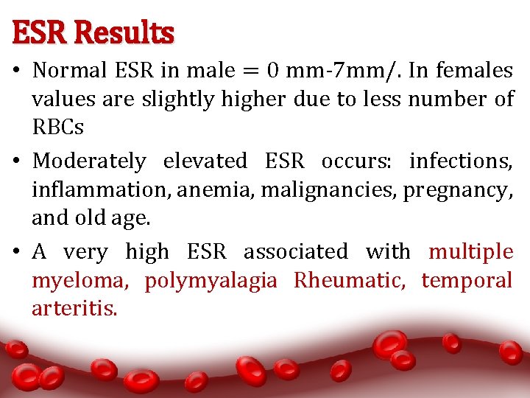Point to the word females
coord(474,71)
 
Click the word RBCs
coord(57,127)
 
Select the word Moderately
coord(89,161)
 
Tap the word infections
coord(461,161)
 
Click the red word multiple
coord(471,252)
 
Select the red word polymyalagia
coord(211,281)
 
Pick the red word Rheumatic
coord(350,280)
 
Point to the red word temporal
coord(467,281)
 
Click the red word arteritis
coord(74,308)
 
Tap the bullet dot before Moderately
coord(18,161)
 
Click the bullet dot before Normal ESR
coord(18,71)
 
